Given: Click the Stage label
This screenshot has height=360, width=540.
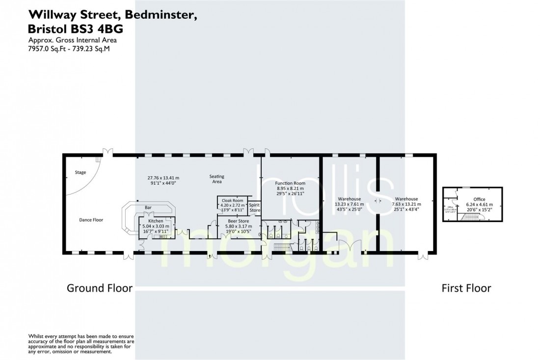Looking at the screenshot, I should coord(81,173).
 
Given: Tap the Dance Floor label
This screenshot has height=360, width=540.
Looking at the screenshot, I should coord(91,220).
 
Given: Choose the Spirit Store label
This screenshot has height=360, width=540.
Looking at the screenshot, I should coord(254,207).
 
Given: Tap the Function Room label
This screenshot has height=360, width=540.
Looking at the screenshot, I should coord(290,182).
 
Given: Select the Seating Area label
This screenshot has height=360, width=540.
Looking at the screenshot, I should coord(216,179).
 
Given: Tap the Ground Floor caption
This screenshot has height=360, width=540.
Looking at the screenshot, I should coord(100,288).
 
